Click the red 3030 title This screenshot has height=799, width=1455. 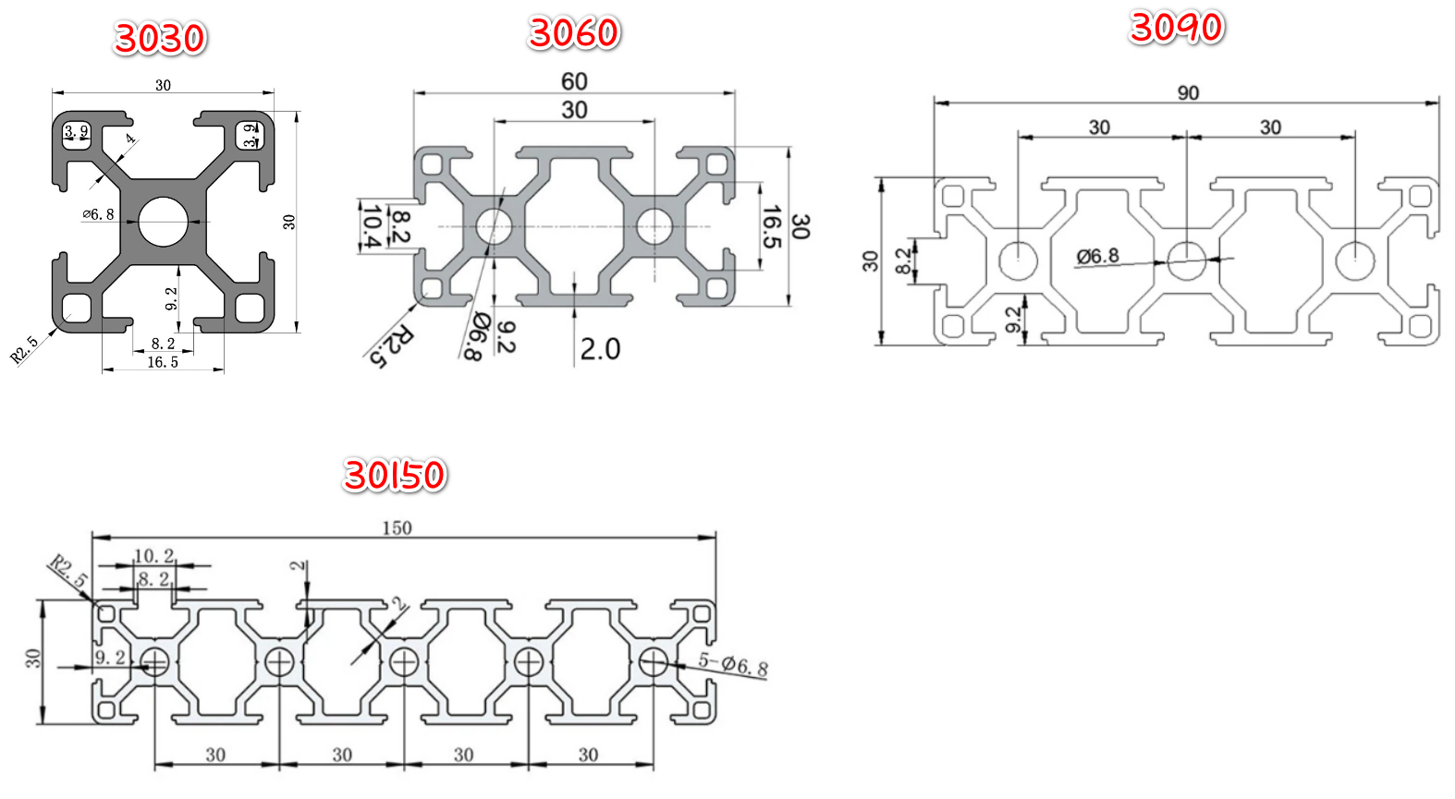[x=160, y=38]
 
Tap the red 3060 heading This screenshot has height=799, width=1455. [x=574, y=33]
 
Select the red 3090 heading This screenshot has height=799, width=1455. [x=1177, y=28]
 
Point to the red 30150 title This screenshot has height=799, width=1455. [x=395, y=475]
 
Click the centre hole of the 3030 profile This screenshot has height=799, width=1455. [x=163, y=222]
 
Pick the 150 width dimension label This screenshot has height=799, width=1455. [x=397, y=528]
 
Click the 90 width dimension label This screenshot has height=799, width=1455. [x=1188, y=93]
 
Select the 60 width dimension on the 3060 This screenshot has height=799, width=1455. [x=574, y=82]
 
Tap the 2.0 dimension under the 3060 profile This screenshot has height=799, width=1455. [x=600, y=349]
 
